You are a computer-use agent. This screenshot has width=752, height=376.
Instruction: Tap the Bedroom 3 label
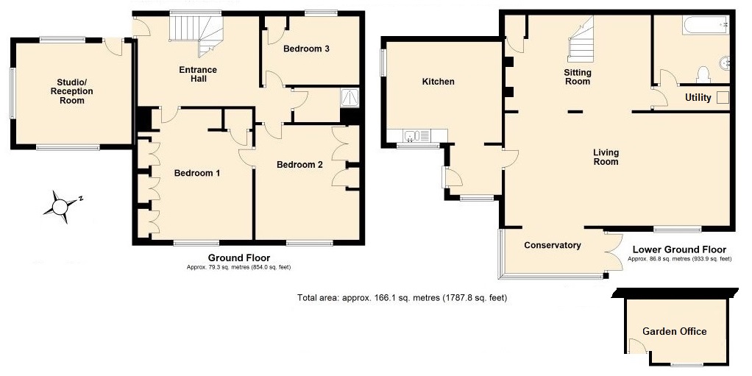306,49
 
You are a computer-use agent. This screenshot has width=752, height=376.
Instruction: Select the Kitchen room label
438,82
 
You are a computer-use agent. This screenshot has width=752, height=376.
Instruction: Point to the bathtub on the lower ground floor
706,24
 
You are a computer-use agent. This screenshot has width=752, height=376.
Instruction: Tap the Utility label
698,98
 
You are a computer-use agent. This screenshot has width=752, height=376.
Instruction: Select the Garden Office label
674,331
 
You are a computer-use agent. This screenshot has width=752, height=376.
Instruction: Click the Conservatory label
553,246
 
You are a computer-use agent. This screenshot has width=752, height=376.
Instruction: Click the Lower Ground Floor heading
679,249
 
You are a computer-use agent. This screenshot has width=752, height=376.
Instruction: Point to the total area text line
402,298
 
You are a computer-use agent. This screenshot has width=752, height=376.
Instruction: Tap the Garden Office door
636,346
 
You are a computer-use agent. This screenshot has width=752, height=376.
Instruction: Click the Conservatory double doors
614,252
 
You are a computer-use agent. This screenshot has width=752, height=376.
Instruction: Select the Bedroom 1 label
197,173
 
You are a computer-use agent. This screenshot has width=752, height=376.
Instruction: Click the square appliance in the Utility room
723,97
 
